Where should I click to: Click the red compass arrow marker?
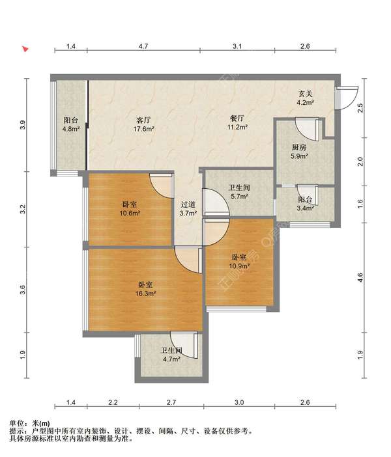pos(25,49)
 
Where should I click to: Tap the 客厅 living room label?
pos(143,120)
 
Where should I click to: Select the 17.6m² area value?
pos(144,129)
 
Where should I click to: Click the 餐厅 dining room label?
pos(237,118)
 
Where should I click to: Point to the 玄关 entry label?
pos(305,94)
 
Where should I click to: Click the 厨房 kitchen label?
pos(299,148)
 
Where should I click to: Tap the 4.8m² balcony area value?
pos(71,129)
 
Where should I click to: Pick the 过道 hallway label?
pos(188,204)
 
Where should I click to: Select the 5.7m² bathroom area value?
pos(239,197)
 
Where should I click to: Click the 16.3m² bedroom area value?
pos(145,294)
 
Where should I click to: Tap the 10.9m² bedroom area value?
pos(239,266)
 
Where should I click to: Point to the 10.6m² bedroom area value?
pos(130,213)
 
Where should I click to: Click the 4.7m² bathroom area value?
pos(171,359)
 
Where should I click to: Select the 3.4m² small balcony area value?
pos(305,208)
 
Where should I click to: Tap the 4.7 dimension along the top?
pos(143,46)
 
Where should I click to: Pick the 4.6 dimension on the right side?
pos(360,277)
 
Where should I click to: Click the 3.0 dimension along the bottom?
pos(239,402)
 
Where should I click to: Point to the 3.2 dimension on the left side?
pos(23,209)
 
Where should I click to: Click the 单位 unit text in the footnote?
pos(16,423)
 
